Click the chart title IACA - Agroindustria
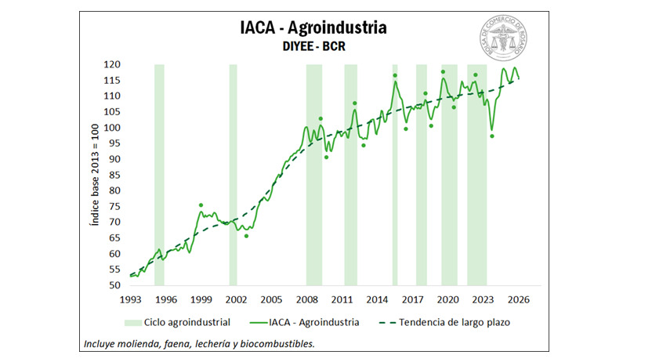tap(313, 28)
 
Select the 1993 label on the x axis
tap(131, 299)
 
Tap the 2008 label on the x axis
tap(306, 299)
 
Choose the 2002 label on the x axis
tap(237, 299)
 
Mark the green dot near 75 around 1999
tap(201, 205)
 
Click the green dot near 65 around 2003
tap(246, 236)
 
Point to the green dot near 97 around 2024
tap(491, 136)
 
